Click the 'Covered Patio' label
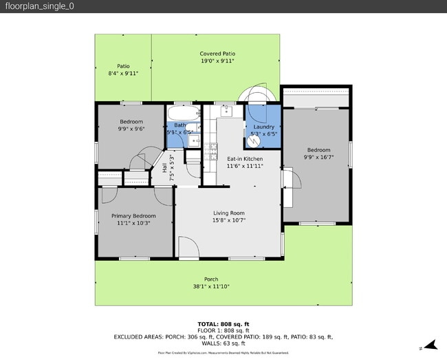click(217, 53)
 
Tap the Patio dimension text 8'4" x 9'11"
click(123, 73)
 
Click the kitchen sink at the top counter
click(226, 111)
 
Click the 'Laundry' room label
click(264, 127)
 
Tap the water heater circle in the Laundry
click(253, 140)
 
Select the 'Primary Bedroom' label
click(133, 215)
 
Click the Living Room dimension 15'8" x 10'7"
click(228, 220)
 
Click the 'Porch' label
click(211, 279)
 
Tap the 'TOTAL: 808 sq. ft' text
click(223, 323)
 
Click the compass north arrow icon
click(430, 345)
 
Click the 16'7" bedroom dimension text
click(318, 157)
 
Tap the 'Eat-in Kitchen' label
click(245, 158)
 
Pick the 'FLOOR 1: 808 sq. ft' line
click(223, 330)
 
